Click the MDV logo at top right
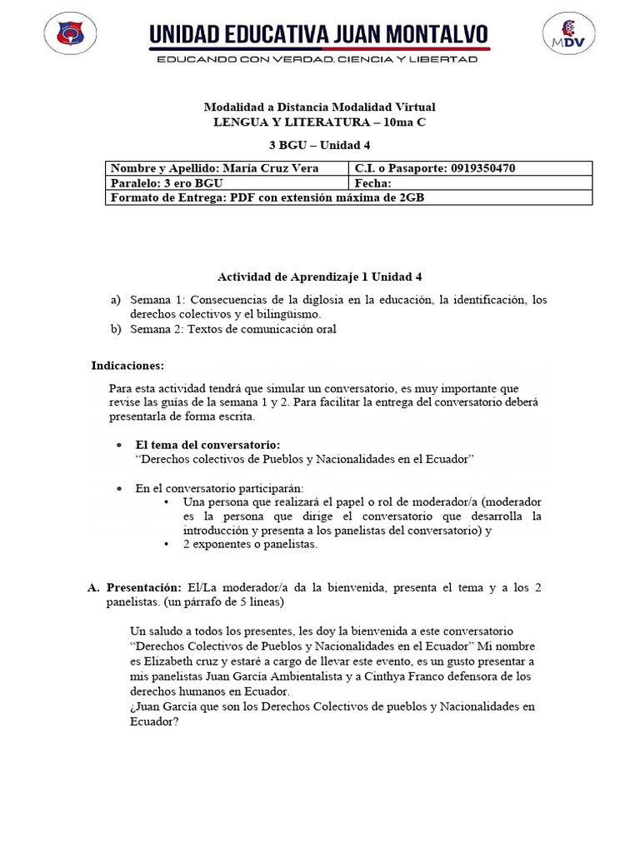click(x=570, y=36)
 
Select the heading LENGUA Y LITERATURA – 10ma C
click(x=319, y=122)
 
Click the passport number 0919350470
click(x=482, y=168)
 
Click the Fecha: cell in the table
click(x=372, y=183)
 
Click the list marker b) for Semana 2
click(x=115, y=329)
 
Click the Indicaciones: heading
click(x=127, y=366)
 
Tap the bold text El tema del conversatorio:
click(x=207, y=445)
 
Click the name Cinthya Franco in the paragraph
click(x=389, y=676)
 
